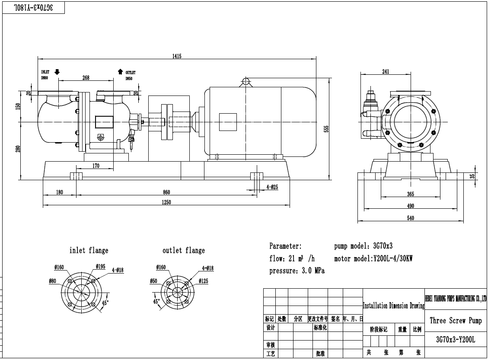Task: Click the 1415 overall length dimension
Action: pos(176,56)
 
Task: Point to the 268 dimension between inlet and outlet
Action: pos(86,78)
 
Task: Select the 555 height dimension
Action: pos(327,129)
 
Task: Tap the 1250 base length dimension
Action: pos(166,202)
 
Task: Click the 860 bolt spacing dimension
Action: pos(166,192)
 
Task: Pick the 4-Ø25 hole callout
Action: pos(272,187)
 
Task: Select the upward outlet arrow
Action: pos(120,72)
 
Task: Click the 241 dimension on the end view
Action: pos(386,72)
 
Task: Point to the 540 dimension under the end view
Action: pos(410,218)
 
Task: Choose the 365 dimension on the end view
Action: pos(410,194)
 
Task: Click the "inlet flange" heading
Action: pos(89,250)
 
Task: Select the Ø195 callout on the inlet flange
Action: pos(100,266)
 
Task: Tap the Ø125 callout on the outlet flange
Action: pos(204,281)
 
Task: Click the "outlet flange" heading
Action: pos(184,250)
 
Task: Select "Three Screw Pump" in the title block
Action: pos(456,320)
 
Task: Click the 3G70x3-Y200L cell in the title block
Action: pos(456,340)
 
